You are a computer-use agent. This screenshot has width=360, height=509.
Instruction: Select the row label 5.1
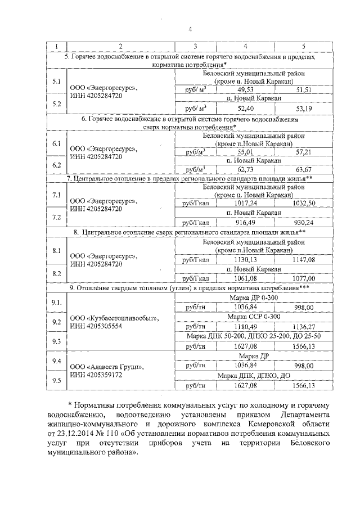(x=56, y=82)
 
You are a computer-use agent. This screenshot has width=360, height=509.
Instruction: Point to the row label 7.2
(x=56, y=217)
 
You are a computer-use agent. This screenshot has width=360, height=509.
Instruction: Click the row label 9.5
(x=56, y=380)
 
